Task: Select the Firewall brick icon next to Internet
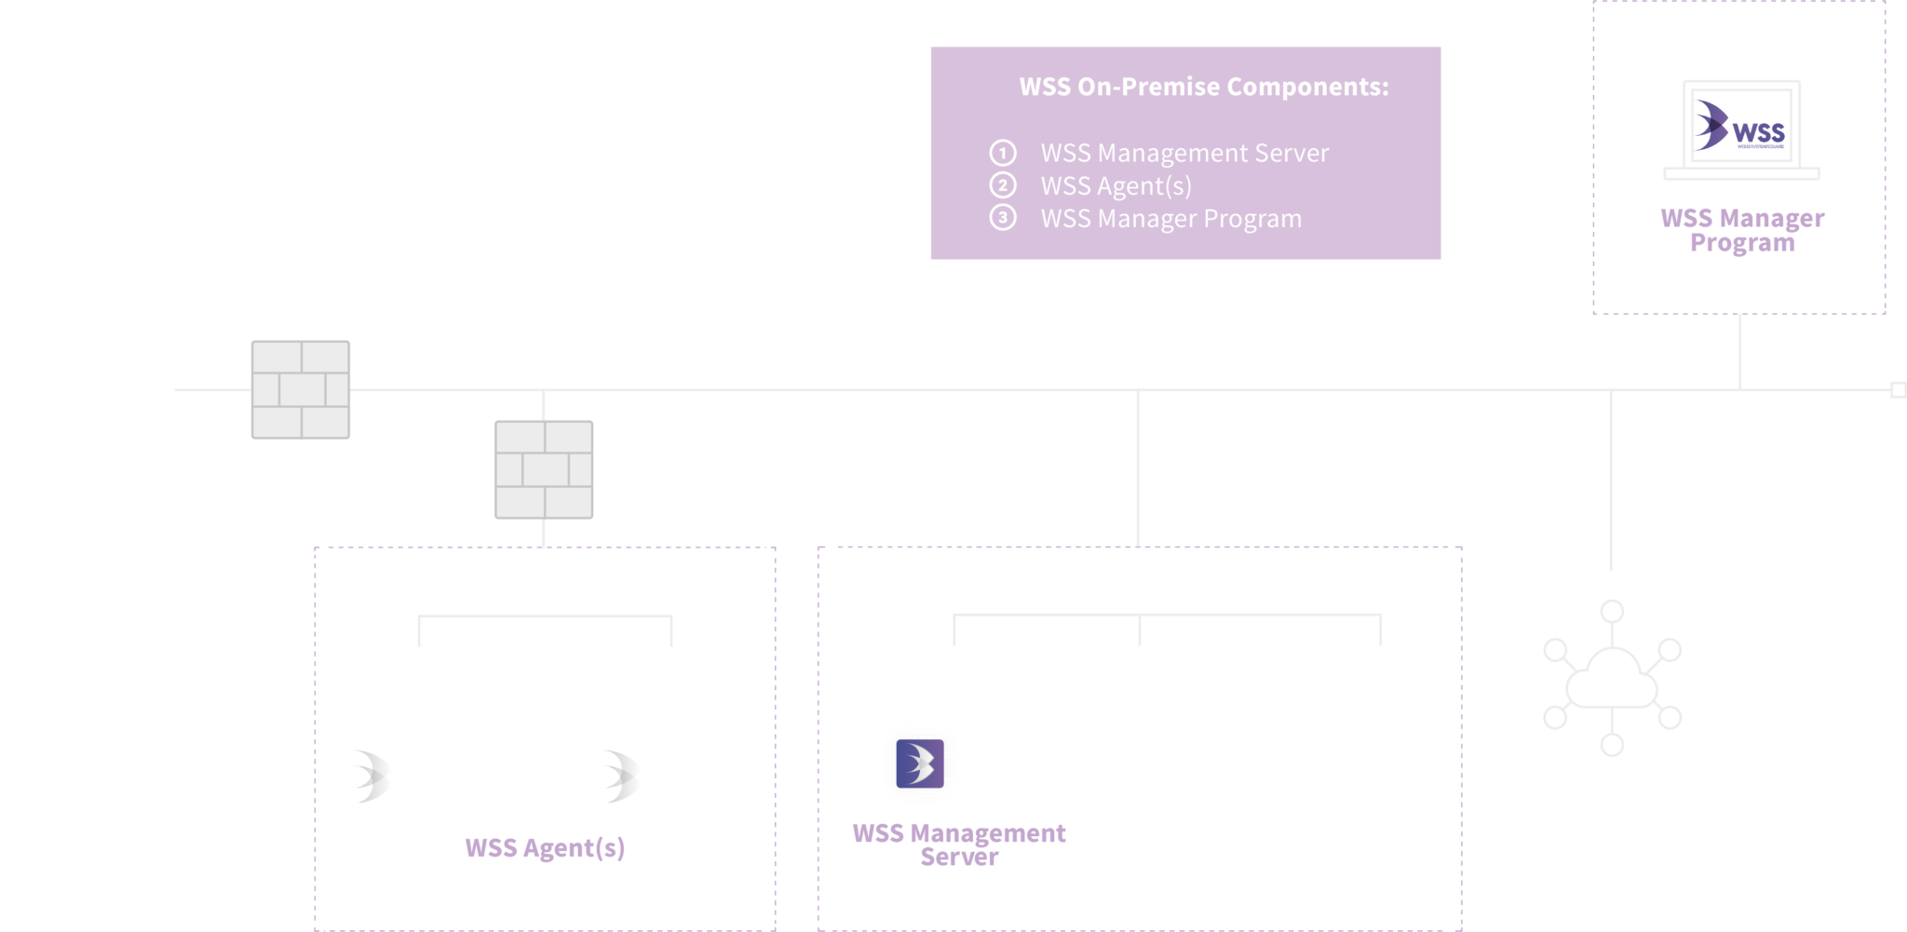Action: (x=301, y=389)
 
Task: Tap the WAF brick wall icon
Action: (x=544, y=469)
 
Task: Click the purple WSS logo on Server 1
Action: (x=920, y=763)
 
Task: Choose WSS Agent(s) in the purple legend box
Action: (x=1116, y=186)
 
